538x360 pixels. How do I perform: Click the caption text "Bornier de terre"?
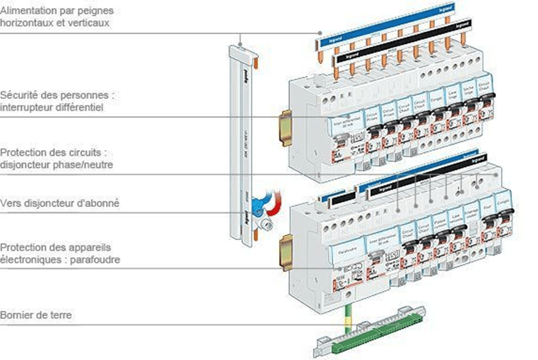[36, 314]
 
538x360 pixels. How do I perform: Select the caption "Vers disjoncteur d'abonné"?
[60, 203]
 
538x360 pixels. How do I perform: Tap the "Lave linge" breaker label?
[453, 93]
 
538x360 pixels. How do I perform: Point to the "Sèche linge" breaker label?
[469, 90]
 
